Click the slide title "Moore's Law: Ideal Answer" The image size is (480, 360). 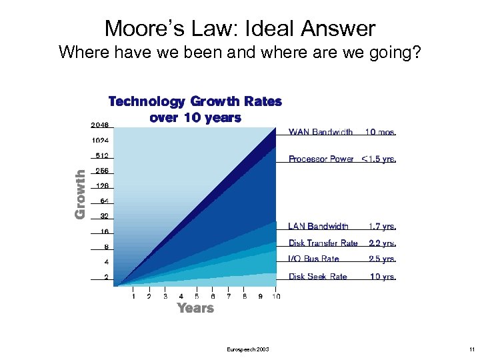pos(240,29)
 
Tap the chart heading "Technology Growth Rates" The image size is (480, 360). pos(195,101)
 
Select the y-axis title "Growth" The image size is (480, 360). pos(80,194)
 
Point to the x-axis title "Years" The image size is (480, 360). pos(195,308)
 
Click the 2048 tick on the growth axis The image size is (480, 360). pos(99,125)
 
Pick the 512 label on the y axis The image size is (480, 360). pos(101,156)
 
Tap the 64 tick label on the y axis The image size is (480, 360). pos(104,201)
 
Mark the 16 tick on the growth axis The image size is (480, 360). pos(104,231)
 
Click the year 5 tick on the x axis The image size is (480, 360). pos(197,296)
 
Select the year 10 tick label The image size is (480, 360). pos(275,296)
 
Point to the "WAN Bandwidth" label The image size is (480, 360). pos(321,132)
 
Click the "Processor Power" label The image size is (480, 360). pos(321,159)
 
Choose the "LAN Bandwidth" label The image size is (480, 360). pos(319,227)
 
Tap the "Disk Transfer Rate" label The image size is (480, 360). pos(323,243)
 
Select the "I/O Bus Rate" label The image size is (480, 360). pos(314,259)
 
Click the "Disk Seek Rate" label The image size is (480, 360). pos(318,277)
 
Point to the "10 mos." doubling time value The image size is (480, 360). pos(380,132)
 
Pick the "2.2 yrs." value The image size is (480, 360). pos(382,243)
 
